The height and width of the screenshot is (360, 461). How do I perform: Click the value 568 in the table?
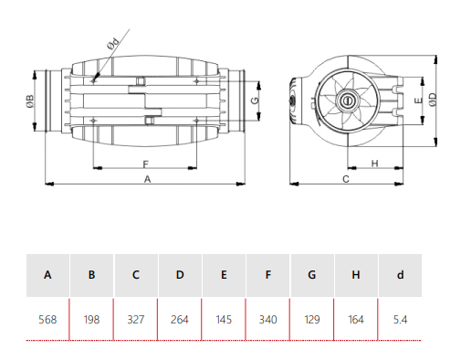(47, 320)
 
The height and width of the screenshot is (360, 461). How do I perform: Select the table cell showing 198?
(91, 320)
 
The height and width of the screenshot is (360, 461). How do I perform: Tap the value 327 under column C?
(136, 320)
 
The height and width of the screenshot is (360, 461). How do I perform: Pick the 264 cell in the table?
(180, 320)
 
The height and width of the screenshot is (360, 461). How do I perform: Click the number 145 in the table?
(224, 320)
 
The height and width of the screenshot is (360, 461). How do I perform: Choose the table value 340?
(267, 320)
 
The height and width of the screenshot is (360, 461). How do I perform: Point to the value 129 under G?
(312, 320)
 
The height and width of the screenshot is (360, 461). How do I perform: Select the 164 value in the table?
(356, 320)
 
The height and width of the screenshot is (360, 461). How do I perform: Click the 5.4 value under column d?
(400, 320)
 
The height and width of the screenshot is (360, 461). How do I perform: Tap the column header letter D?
(180, 275)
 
